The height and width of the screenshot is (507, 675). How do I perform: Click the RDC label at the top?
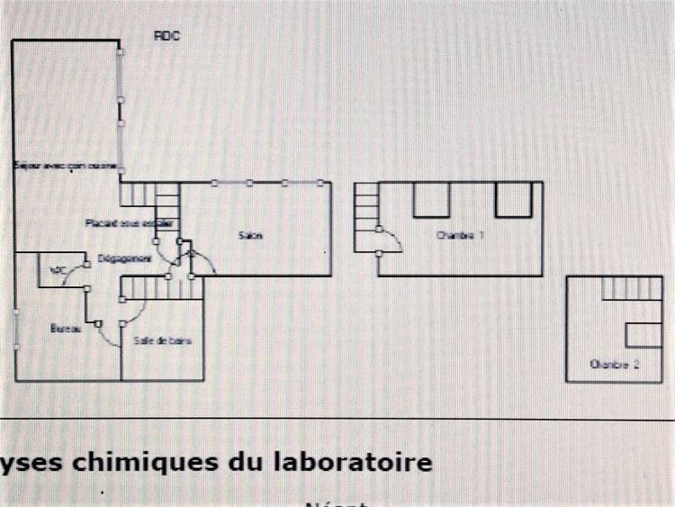point(166,35)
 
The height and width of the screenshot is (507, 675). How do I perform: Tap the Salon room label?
point(251,236)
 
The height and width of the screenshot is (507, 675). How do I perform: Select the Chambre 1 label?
point(460,236)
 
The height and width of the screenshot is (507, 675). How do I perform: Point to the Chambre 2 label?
point(615,365)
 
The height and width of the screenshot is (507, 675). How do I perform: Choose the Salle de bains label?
point(163,340)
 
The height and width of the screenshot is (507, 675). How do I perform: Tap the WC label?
point(58,270)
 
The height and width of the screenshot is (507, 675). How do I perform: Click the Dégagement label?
point(124,258)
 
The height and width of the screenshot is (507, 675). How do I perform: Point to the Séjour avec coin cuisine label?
point(66,167)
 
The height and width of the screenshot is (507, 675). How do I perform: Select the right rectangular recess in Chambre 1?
point(513,199)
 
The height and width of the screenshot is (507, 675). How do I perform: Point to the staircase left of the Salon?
point(166,207)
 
